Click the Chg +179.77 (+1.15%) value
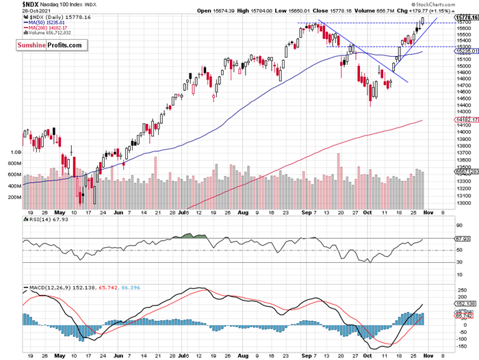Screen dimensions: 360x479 [445, 11]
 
